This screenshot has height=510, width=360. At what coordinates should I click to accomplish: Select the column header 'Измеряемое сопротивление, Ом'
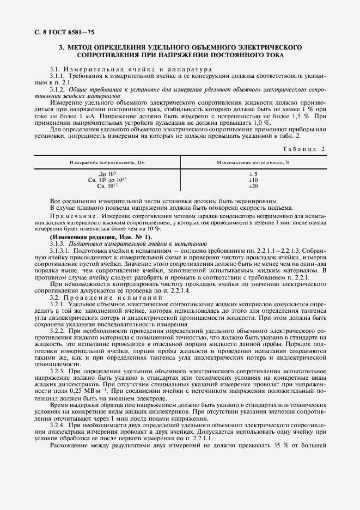[106, 162]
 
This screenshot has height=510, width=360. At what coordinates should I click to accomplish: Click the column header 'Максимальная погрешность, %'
[253, 162]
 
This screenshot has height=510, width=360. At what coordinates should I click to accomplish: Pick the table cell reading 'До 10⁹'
[106, 174]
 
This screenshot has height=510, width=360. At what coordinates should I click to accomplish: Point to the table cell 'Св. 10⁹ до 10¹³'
[106, 180]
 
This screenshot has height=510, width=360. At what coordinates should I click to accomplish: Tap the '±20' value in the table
[253, 186]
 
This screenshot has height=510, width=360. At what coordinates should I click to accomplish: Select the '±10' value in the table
[253, 180]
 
